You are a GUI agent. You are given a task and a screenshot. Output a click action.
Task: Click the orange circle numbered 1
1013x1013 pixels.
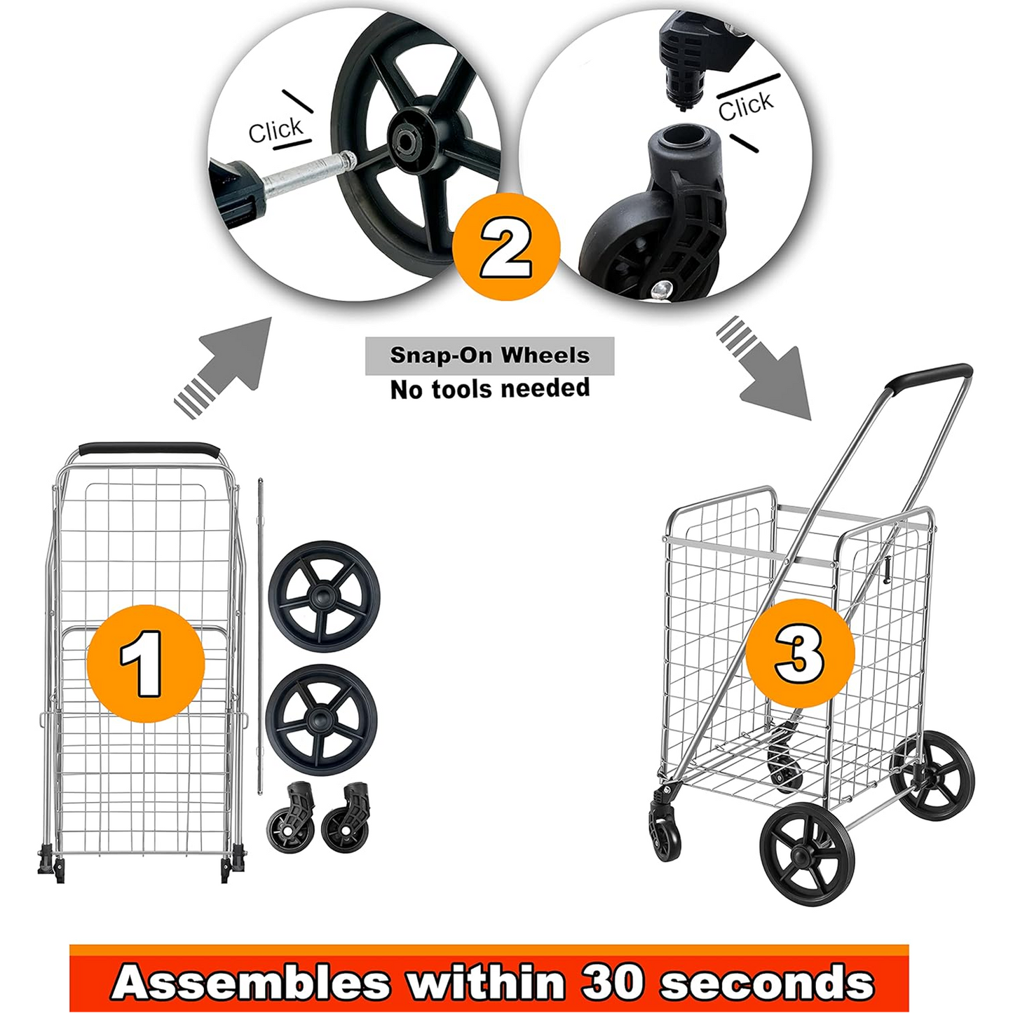click(146, 663)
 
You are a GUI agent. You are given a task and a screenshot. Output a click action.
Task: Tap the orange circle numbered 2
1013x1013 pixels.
click(506, 247)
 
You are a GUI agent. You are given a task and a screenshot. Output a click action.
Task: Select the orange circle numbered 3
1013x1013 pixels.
click(800, 653)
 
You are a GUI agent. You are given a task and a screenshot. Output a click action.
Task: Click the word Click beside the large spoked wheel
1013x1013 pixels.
click(276, 130)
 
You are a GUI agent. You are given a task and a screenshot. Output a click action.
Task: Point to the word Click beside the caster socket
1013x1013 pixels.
click(745, 106)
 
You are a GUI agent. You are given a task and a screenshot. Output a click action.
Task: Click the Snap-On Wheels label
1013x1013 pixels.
click(489, 355)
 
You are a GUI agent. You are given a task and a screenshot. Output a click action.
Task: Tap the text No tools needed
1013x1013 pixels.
click(489, 388)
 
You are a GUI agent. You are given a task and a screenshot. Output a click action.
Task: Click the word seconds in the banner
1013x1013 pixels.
click(767, 983)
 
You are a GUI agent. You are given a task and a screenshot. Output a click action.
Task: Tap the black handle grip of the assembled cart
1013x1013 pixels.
click(929, 376)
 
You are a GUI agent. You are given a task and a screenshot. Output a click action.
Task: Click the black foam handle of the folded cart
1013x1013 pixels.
click(149, 449)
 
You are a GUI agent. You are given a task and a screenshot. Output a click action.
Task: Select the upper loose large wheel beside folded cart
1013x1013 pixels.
click(324, 596)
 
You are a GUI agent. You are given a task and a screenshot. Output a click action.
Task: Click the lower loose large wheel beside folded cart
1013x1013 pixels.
click(321, 720)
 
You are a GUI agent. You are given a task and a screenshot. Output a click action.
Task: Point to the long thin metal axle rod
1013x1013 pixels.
click(260, 631)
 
